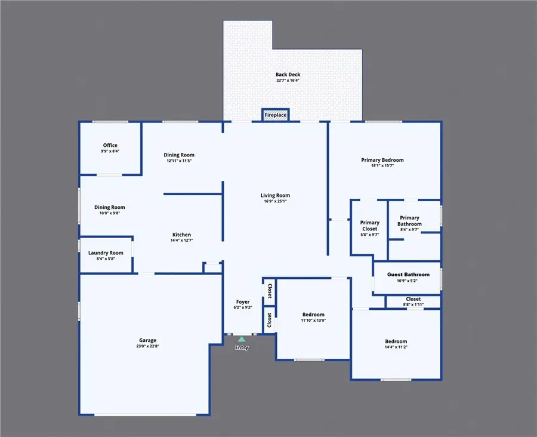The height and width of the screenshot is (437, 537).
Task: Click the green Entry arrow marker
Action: coord(241,338)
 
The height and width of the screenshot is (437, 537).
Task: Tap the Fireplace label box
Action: coord(276,115)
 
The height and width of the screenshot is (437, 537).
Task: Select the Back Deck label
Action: coord(288,75)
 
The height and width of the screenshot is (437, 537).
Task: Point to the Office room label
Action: coord(110,145)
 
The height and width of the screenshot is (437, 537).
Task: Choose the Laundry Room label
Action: coord(106,253)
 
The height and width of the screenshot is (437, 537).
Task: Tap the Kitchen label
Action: coord(181,235)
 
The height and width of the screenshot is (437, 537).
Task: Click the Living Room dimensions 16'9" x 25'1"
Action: coord(275,201)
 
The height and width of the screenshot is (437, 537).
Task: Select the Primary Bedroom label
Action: coord(382,160)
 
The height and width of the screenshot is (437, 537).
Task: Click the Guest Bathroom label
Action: coord(408,275)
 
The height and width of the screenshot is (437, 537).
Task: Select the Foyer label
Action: coord(242,302)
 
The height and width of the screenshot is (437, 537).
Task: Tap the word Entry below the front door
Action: coord(242,347)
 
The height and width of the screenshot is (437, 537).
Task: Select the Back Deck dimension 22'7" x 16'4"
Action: coord(288,81)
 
